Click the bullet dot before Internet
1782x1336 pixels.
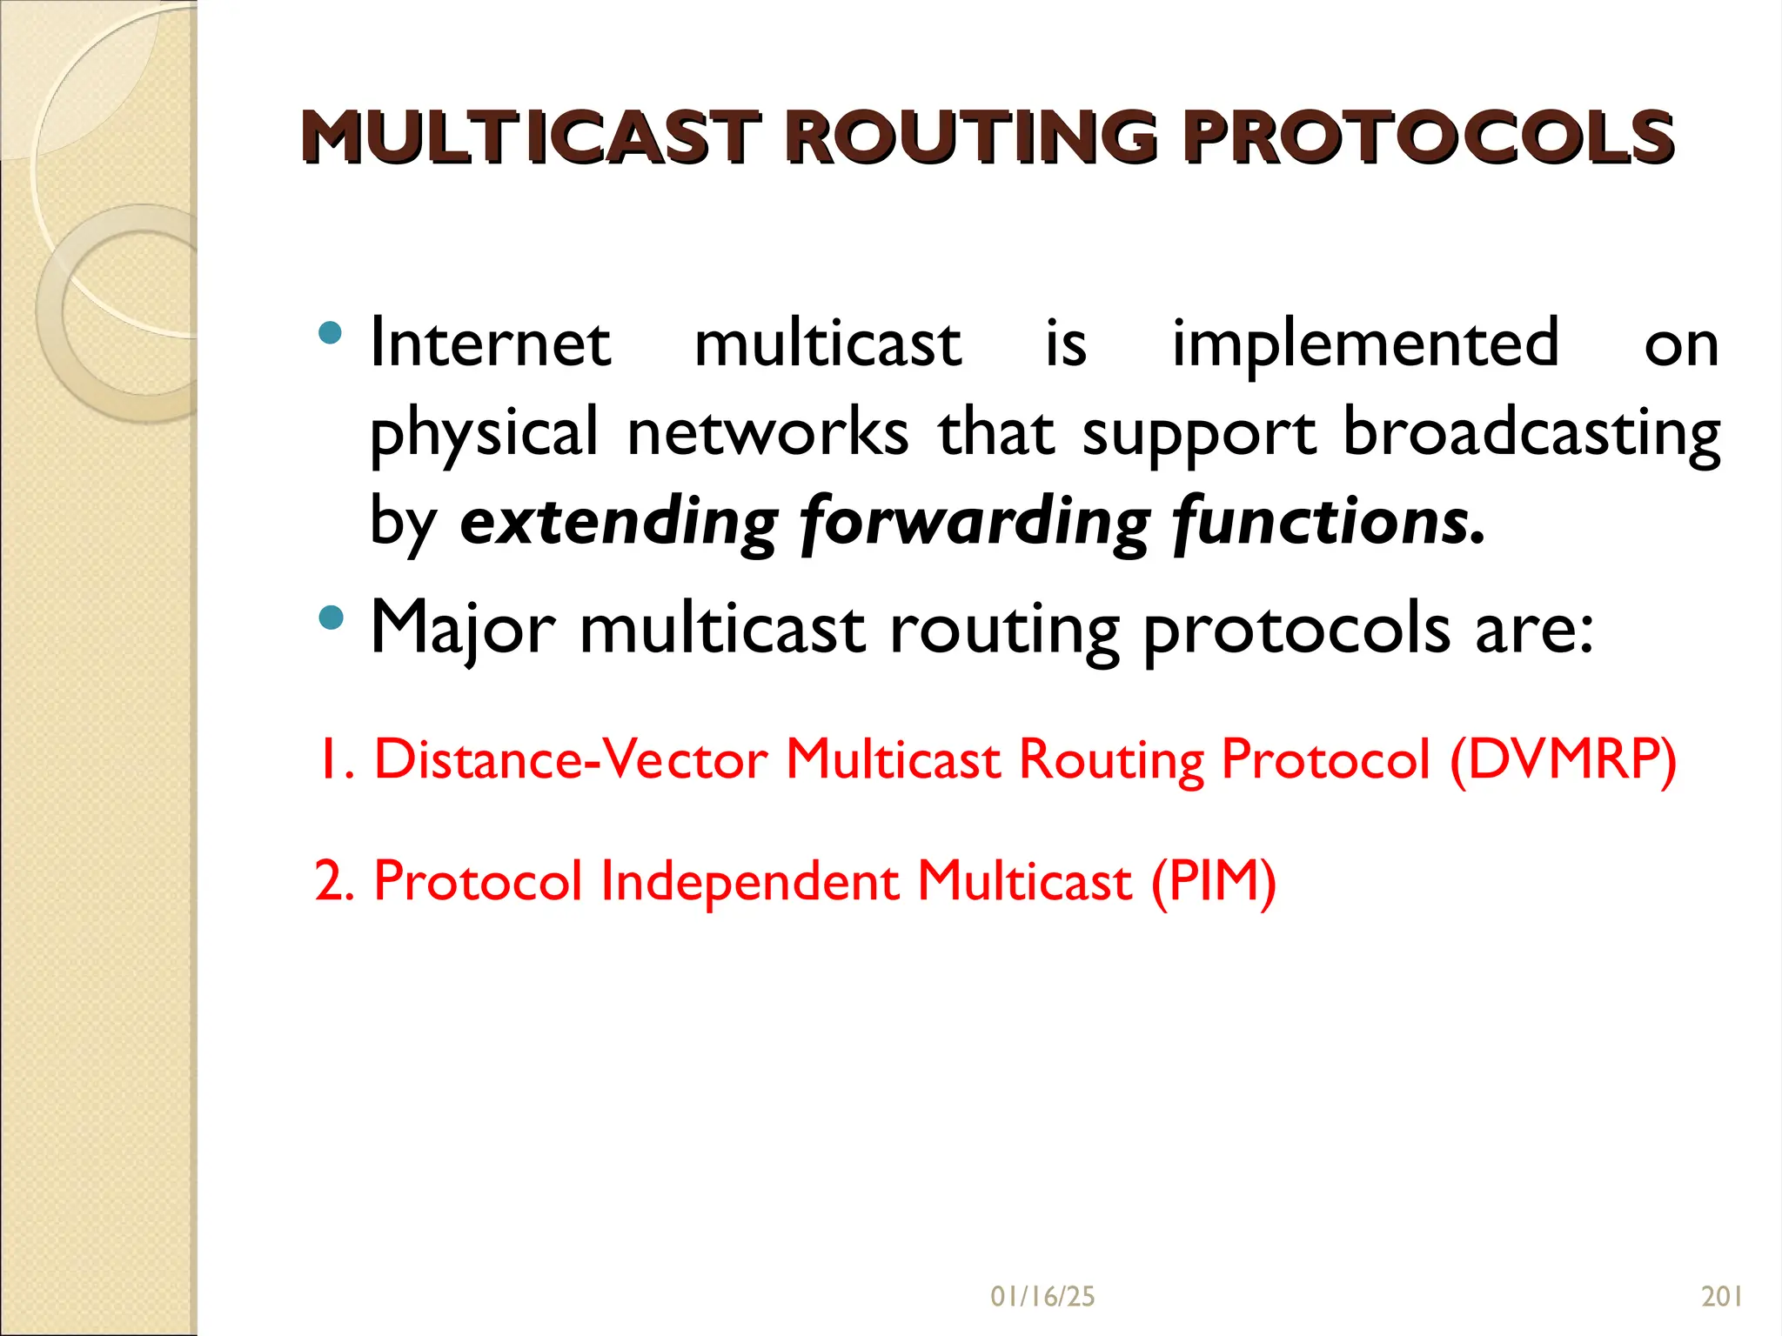point(330,332)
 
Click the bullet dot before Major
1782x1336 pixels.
point(330,618)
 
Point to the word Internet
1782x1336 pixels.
point(490,344)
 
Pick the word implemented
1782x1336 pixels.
point(1364,344)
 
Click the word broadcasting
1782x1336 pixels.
point(1531,432)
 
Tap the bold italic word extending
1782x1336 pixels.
point(619,522)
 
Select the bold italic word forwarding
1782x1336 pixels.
point(975,522)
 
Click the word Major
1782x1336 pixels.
point(462,628)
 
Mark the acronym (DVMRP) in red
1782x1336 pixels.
point(1563,759)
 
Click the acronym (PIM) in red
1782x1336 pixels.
point(1213,881)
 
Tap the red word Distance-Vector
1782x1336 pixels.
point(571,759)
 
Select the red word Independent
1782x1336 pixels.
point(750,881)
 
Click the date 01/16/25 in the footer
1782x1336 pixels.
point(1042,1297)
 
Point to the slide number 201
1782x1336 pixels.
point(1721,1297)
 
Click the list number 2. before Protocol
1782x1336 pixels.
point(334,881)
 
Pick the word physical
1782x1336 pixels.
point(484,432)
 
